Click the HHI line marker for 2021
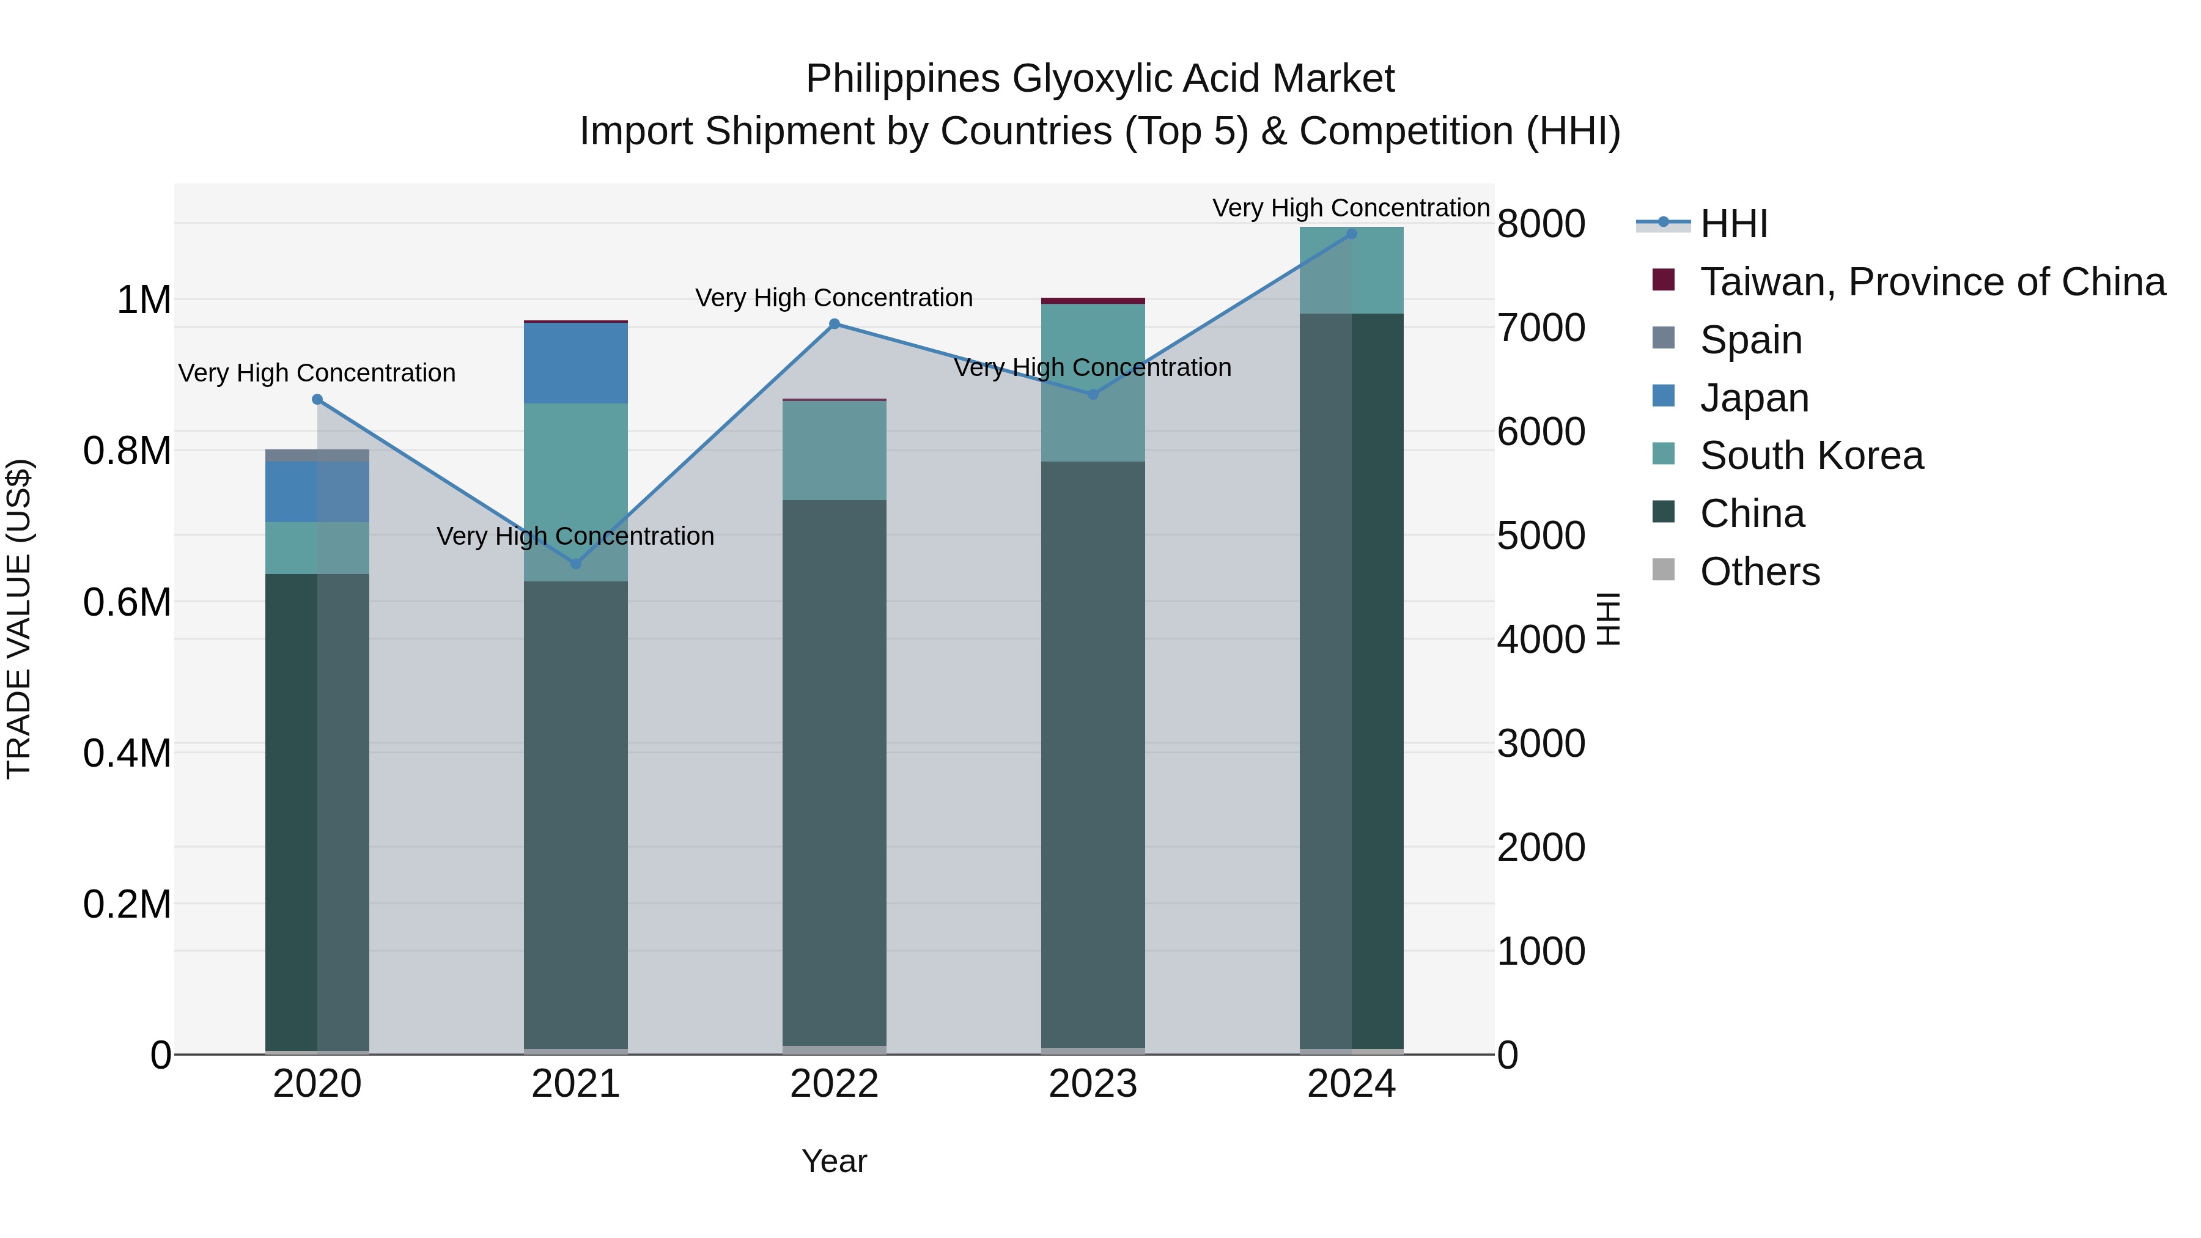(x=575, y=564)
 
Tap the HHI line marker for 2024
(x=1351, y=234)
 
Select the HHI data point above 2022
(x=834, y=324)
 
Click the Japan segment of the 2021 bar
(x=575, y=363)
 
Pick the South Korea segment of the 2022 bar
(x=834, y=450)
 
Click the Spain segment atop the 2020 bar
(x=317, y=455)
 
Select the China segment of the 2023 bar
(x=1092, y=752)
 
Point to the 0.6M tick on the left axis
(x=127, y=602)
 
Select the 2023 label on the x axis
(x=1092, y=1084)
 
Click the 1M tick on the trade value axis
(x=144, y=301)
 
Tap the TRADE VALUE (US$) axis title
(x=19, y=619)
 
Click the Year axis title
(x=834, y=1161)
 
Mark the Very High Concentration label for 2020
(x=317, y=374)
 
